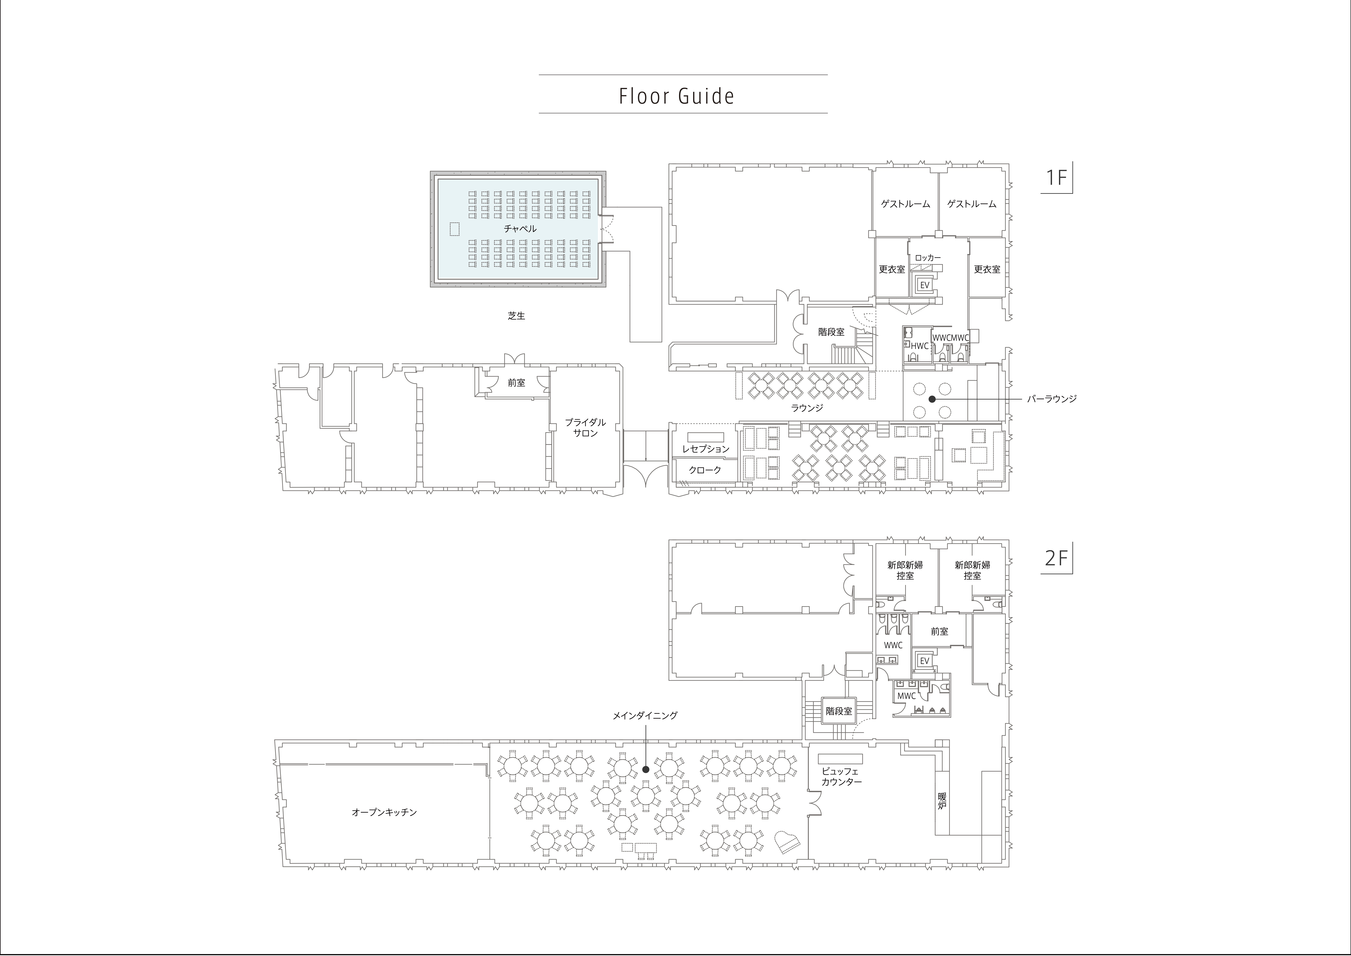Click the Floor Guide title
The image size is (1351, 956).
(677, 96)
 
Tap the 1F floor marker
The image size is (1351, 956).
(1056, 177)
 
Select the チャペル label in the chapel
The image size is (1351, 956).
(520, 228)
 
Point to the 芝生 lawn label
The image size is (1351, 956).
(516, 315)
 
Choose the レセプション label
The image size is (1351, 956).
(705, 449)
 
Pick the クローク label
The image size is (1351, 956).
(705, 470)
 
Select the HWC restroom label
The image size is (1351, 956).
(919, 346)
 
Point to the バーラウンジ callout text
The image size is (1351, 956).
(1052, 399)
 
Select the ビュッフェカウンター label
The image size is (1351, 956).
(841, 776)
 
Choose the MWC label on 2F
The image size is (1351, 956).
(906, 696)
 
